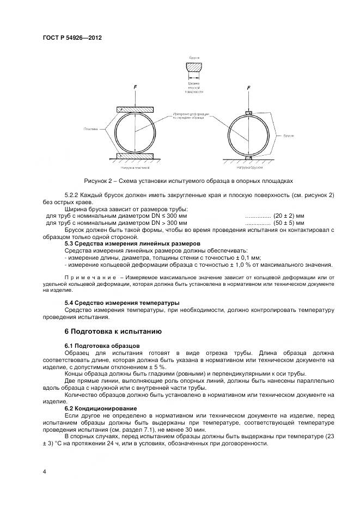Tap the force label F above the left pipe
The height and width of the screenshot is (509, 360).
coord(135,87)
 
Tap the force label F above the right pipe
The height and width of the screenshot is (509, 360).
coord(248,88)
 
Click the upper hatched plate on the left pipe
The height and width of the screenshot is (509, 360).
coord(135,109)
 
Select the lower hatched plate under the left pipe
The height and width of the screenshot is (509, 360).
coord(135,157)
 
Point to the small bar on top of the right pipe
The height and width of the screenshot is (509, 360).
coord(249,113)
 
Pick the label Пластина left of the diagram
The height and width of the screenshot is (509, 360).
coord(91,129)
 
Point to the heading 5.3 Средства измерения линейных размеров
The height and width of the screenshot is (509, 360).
coord(132,243)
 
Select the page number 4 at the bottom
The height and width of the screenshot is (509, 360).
coord(44,471)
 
